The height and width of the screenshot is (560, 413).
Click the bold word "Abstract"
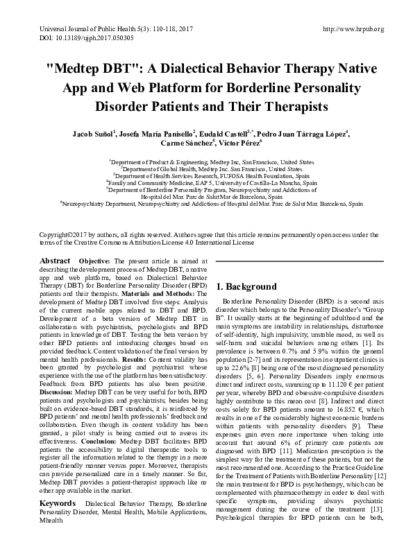[55, 260]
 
